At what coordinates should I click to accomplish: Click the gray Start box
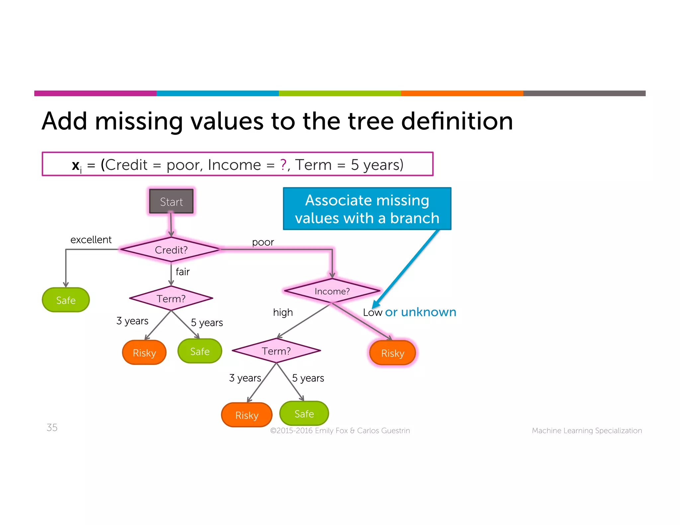click(171, 201)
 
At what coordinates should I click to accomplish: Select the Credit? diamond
click(171, 250)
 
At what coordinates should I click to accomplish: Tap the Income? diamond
click(332, 291)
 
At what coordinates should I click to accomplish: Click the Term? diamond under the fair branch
click(171, 298)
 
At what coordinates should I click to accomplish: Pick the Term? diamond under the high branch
click(276, 351)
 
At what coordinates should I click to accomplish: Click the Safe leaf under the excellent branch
click(66, 300)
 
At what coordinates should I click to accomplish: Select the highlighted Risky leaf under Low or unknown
click(392, 353)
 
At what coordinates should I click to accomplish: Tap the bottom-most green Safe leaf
click(304, 413)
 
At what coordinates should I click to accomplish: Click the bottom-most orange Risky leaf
click(247, 415)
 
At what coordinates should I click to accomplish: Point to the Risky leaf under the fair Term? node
click(144, 352)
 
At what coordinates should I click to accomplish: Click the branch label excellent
click(91, 240)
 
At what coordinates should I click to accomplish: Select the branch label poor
click(263, 242)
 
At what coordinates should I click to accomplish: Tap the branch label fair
click(183, 272)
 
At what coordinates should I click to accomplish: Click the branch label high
click(283, 312)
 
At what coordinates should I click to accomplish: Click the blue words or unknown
click(420, 312)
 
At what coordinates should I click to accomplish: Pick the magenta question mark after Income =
click(283, 165)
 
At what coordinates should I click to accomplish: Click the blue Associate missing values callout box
click(367, 209)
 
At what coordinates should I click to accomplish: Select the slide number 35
click(52, 427)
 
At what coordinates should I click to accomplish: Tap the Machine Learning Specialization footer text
click(587, 430)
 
